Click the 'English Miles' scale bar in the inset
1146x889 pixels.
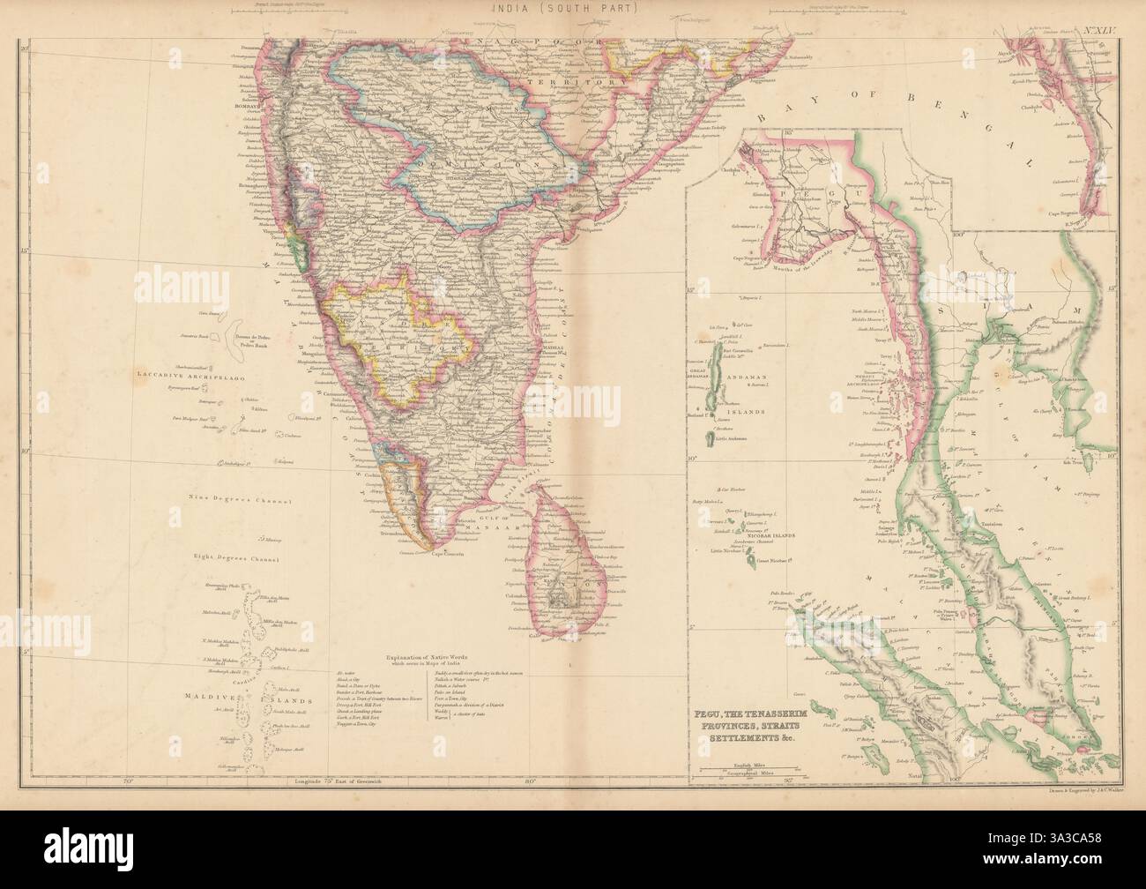[742, 742]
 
